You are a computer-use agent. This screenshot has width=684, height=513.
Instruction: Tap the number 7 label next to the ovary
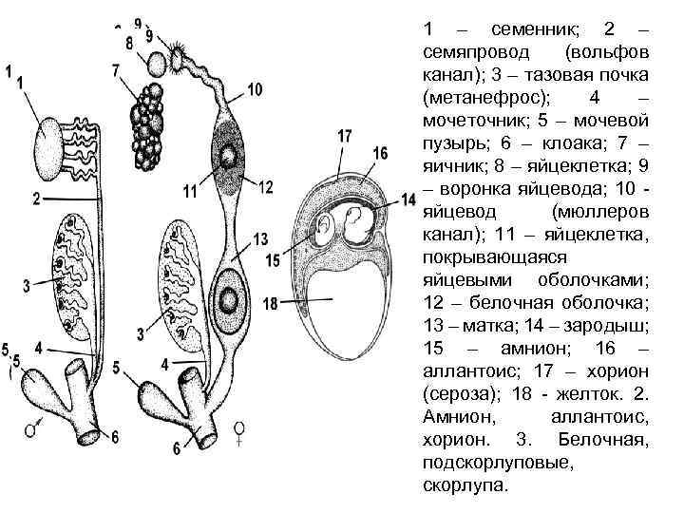(x=115, y=70)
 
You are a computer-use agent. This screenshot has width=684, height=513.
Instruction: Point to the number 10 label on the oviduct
(x=254, y=89)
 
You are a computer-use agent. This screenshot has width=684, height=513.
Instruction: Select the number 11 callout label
(x=190, y=192)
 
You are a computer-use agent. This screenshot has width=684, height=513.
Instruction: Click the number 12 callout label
(x=265, y=187)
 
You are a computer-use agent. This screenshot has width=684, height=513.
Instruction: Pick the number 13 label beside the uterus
(x=260, y=238)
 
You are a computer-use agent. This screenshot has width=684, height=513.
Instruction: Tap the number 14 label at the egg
(x=408, y=199)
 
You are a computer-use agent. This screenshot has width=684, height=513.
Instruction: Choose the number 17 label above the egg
(x=344, y=135)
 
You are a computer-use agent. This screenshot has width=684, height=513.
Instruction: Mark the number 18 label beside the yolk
(x=270, y=304)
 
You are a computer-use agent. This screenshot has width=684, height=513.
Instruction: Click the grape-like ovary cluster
(x=148, y=112)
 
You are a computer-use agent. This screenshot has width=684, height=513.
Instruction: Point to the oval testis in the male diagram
(x=55, y=142)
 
